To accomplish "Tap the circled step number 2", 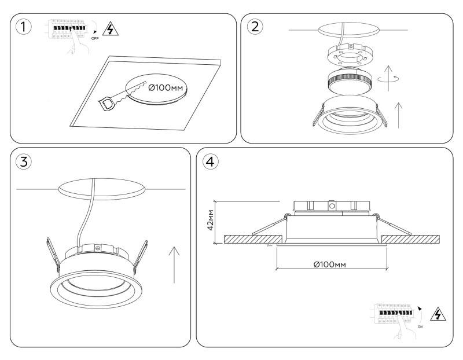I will [x=255, y=27].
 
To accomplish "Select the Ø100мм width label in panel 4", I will [x=332, y=265].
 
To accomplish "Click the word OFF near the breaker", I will [x=95, y=38].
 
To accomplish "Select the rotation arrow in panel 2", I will [x=392, y=78].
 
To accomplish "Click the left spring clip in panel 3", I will [x=53, y=255].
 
